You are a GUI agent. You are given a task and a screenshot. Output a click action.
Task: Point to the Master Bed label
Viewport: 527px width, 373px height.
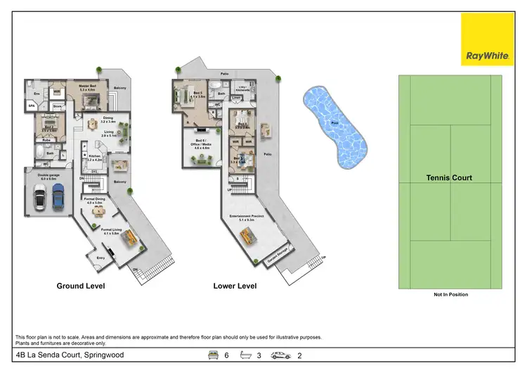[x=87, y=87]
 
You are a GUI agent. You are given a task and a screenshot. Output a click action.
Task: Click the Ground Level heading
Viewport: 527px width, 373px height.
[x=81, y=286]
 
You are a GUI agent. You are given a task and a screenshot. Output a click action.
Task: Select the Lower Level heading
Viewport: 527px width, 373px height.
[x=235, y=286]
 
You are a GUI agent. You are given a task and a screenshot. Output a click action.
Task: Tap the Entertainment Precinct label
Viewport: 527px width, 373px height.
[x=242, y=217]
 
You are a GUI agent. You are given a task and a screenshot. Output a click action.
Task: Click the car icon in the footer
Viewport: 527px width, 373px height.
[x=280, y=355]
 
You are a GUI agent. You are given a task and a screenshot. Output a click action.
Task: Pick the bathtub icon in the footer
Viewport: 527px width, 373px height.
[x=245, y=355]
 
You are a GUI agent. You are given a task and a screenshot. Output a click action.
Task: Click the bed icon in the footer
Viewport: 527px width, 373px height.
[x=212, y=355]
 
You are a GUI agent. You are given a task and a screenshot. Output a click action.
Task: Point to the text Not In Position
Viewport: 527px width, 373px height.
[x=450, y=295]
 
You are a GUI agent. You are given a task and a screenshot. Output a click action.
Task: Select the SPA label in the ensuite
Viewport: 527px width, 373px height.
[x=32, y=106]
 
